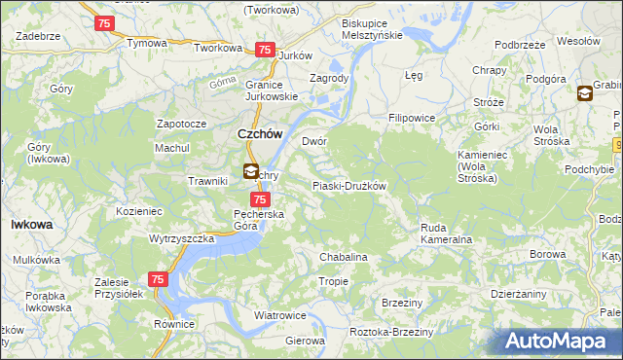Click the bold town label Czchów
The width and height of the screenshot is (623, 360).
(x=260, y=135)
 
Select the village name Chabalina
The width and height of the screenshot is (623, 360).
(x=344, y=257)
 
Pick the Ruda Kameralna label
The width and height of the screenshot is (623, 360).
(x=446, y=234)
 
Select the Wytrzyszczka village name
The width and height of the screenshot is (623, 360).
(x=181, y=238)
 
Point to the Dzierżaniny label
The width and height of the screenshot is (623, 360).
(x=519, y=294)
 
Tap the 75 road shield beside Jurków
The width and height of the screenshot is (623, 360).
(x=264, y=50)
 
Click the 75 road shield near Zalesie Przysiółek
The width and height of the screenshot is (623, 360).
(x=159, y=280)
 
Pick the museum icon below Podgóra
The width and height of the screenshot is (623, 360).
(x=584, y=93)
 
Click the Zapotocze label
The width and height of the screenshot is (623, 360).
(x=182, y=125)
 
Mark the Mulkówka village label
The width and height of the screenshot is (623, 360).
(x=37, y=261)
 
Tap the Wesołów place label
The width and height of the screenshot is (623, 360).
(x=576, y=42)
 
